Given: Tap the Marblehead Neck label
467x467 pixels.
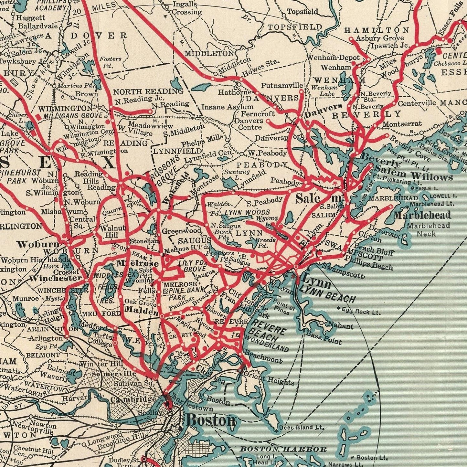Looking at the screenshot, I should coord(428,229).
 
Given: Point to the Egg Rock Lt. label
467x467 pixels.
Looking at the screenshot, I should coord(361,311).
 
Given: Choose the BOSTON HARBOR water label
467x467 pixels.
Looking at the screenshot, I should coord(283,449).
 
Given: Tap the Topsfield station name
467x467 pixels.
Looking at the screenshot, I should coord(303,12).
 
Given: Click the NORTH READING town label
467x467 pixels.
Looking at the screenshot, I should coord(148,91).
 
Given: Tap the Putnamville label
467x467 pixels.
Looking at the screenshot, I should coord(282,86).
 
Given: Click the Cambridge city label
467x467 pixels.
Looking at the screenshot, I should coord(133,399).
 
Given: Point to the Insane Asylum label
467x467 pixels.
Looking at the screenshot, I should coord(228,107).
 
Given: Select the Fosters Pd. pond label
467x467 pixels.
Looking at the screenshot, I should coord(110,62).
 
